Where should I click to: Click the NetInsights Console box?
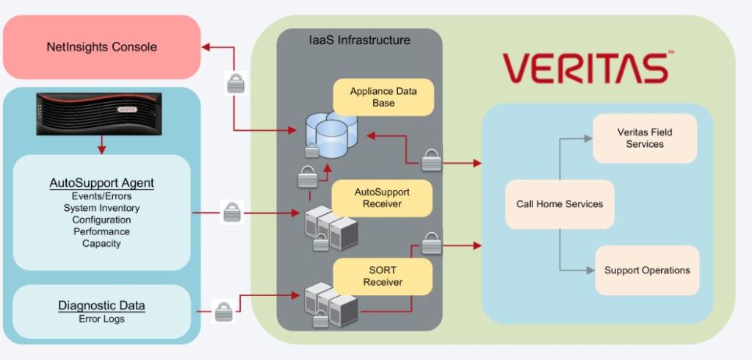[x=101, y=47]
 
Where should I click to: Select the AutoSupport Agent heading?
[x=101, y=183]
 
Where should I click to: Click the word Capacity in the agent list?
[x=101, y=243]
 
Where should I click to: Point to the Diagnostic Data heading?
[x=101, y=306]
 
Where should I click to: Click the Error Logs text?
[x=101, y=319]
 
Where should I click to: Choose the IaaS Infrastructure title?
[x=359, y=40]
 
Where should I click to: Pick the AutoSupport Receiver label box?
[x=383, y=198]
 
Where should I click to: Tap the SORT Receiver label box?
[x=383, y=276]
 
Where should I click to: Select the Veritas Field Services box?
[x=645, y=138]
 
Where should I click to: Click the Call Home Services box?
[x=559, y=204]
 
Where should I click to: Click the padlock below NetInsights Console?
[x=235, y=83]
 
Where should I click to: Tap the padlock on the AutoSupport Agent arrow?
[x=231, y=214]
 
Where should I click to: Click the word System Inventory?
[x=101, y=208]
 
